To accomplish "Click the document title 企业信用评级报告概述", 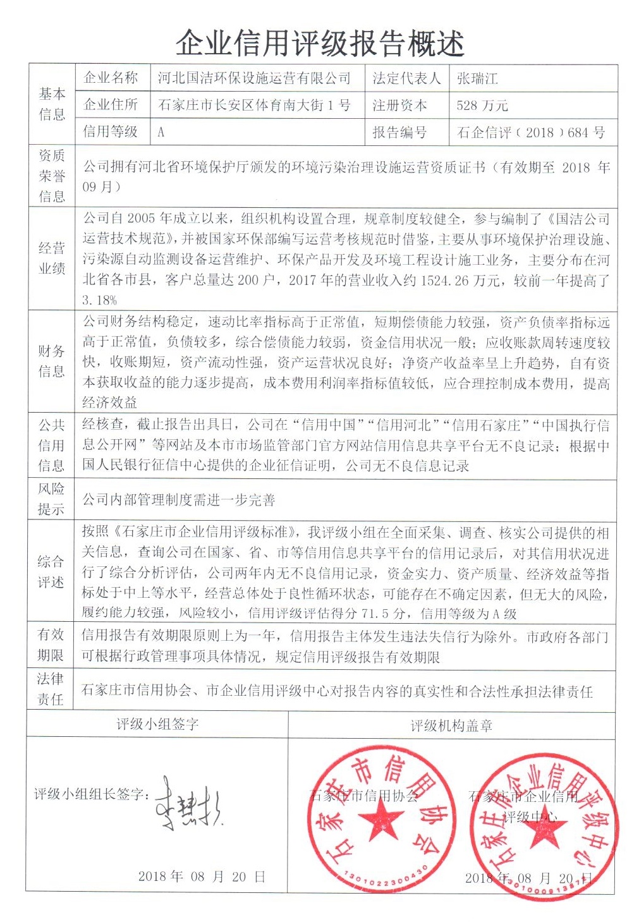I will [320, 43].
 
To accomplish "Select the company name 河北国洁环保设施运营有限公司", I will [253, 78].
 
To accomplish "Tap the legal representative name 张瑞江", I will [477, 78].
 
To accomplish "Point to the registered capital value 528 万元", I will [482, 106].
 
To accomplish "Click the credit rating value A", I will [161, 132].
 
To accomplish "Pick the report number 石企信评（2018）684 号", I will [530, 133].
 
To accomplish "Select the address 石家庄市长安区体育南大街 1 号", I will [254, 106].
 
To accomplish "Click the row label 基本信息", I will [52, 104].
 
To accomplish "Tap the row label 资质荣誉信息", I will [52, 176].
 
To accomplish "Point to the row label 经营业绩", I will [52, 258].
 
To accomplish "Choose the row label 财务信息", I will [52, 361].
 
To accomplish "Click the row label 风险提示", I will [52, 499].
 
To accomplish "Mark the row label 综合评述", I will [51, 571].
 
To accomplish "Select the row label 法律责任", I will [51, 689].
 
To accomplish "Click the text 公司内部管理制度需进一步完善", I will [179, 500].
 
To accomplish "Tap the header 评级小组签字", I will [157, 724].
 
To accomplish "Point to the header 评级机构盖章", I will [451, 725].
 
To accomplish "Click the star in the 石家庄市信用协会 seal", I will [381, 822].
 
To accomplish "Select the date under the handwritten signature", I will [201, 877].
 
